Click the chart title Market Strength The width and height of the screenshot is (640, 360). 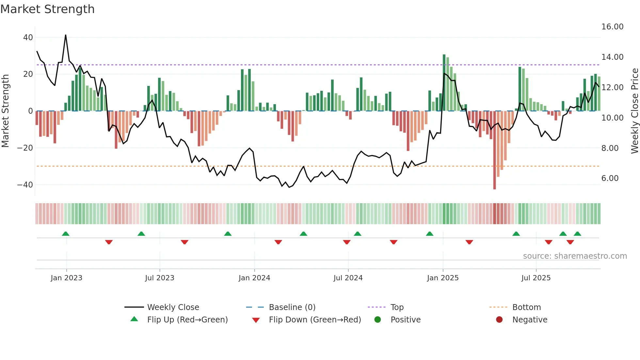47,9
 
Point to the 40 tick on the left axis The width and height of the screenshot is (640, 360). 28,38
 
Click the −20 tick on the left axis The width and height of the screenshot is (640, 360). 25,148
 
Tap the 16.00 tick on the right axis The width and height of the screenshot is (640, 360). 612,27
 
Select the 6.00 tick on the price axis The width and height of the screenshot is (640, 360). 610,178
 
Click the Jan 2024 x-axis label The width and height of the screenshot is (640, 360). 254,278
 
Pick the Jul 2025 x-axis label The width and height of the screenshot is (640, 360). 536,278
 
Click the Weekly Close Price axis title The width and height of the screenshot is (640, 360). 634,111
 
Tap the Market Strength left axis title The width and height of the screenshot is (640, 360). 5,111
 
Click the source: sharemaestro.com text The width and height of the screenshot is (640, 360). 575,256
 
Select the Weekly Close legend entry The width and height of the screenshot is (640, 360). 173,307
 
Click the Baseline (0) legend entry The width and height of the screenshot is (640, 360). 292,307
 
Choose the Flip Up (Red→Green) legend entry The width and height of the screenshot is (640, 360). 187,320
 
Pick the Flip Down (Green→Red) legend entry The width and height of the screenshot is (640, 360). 315,320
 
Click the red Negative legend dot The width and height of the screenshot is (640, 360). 499,320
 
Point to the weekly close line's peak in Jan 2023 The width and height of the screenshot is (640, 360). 66,35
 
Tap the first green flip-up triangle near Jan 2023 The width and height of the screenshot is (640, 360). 66,234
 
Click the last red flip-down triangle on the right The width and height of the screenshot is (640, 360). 570,242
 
